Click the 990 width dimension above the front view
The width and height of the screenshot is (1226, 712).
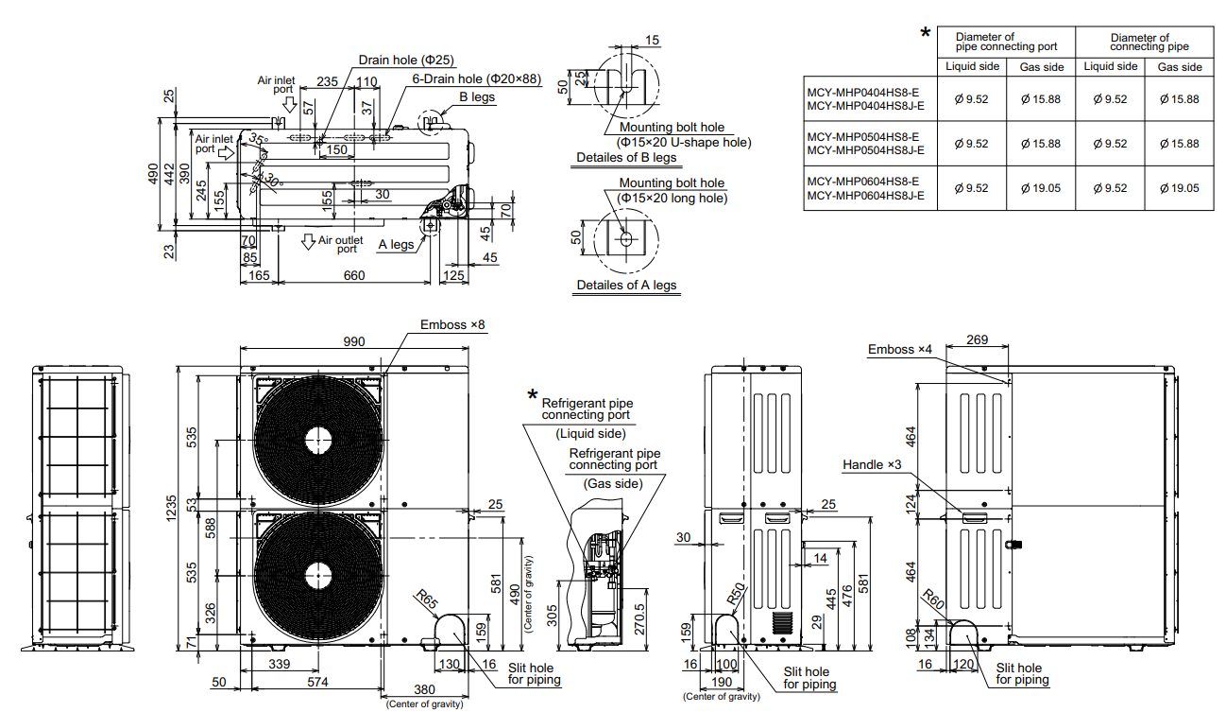(x=353, y=341)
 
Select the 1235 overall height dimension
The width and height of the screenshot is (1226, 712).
(x=171, y=508)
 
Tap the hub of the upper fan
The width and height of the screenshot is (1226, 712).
(x=318, y=441)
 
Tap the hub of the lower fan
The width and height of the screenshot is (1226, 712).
(x=318, y=577)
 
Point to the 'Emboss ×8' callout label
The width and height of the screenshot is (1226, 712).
(x=452, y=324)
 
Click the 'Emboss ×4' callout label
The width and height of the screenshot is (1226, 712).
(x=900, y=349)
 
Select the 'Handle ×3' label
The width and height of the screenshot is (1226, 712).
(x=872, y=465)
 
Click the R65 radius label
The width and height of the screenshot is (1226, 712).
(x=426, y=599)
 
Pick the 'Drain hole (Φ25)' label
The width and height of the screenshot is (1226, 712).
(x=406, y=60)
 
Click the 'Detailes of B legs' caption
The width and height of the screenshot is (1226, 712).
(x=626, y=157)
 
